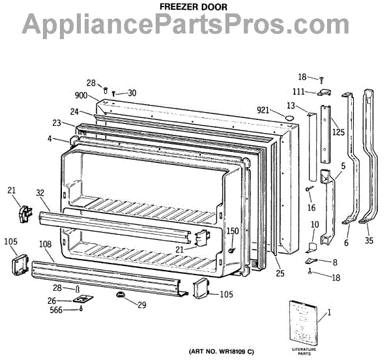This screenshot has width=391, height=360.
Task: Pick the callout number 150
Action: click(232, 232)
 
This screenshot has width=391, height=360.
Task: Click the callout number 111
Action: click(298, 92)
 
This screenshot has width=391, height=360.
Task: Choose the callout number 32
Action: click(40, 193)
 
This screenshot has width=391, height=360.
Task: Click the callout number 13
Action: click(291, 106)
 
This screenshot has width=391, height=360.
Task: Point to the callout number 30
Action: click(132, 93)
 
